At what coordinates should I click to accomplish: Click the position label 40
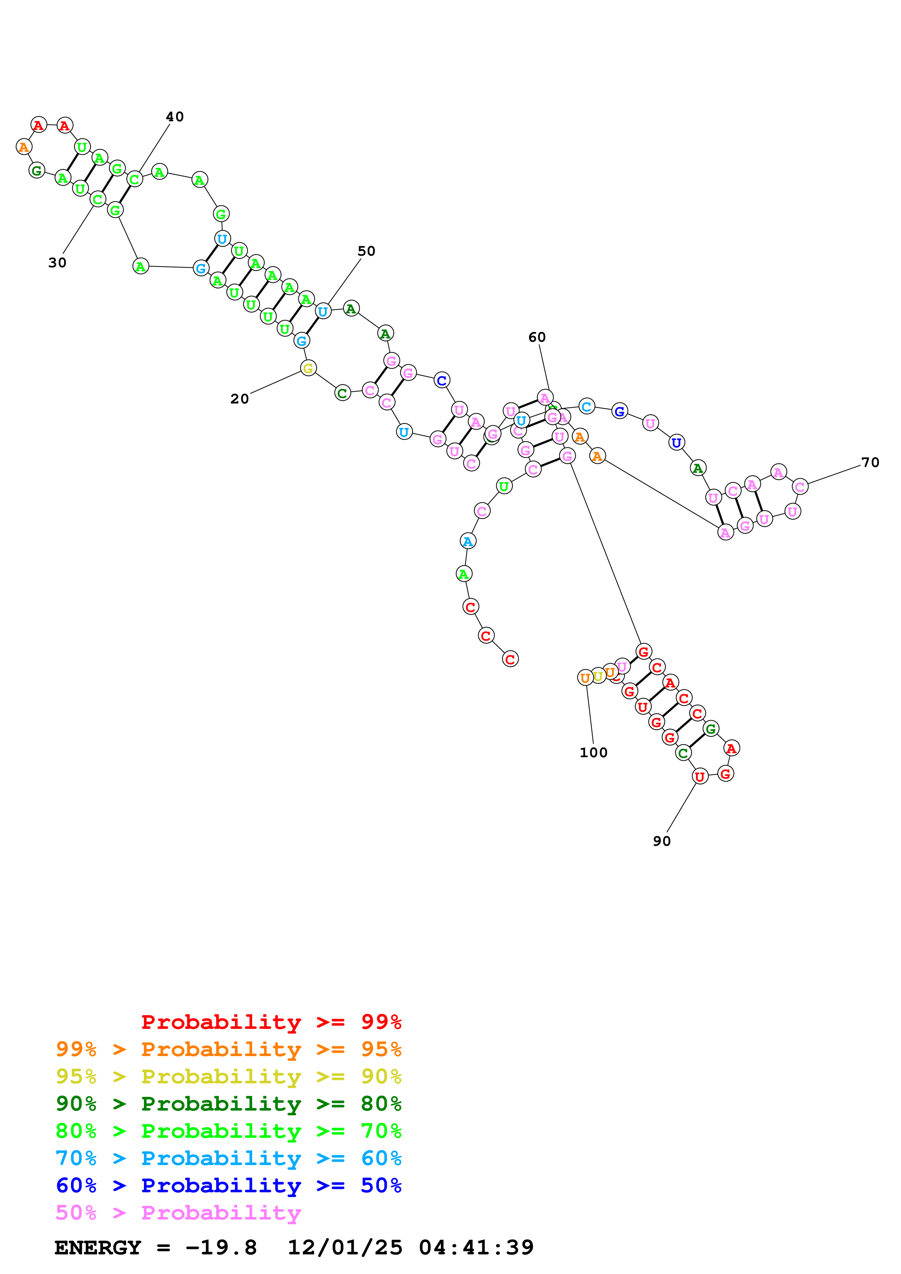tap(174, 117)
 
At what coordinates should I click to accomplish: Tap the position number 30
tap(57, 263)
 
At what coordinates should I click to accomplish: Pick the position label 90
tap(662, 841)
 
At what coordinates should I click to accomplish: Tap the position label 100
tap(594, 752)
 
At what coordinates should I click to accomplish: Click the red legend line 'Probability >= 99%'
tap(271, 1022)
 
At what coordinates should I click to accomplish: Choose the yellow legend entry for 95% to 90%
tap(228, 1076)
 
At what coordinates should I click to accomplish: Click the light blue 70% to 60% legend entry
tap(228, 1158)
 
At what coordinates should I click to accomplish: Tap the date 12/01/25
tap(345, 1247)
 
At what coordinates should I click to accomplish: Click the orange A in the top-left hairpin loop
tap(23, 147)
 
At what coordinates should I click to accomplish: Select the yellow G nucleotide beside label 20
tap(308, 368)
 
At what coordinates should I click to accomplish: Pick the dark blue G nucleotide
tap(620, 411)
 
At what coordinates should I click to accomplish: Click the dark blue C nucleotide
tap(441, 381)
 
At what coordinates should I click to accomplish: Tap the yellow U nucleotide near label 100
tap(598, 676)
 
